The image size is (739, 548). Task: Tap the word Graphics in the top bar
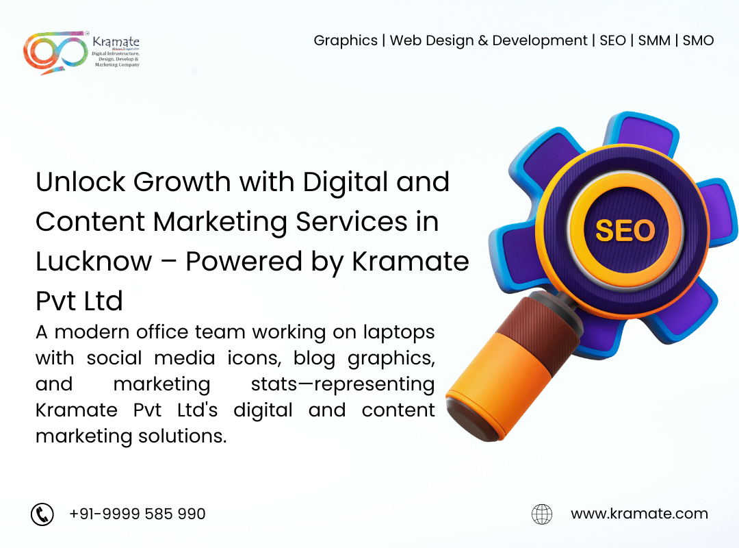point(346,41)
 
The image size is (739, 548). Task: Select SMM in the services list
point(654,40)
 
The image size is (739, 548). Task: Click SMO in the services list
point(698,40)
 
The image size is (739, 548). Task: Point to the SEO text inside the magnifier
point(625,231)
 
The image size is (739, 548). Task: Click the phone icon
point(42,514)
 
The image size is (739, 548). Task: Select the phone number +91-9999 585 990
point(137,514)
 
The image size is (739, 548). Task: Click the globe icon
point(542,514)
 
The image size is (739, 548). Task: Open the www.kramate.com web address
point(639,514)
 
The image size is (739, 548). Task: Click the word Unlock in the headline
point(81,182)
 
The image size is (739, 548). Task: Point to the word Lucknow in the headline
point(94,262)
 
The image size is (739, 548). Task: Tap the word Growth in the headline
point(182,182)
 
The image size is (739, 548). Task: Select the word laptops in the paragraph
point(399,333)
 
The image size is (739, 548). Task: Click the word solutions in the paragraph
point(183,436)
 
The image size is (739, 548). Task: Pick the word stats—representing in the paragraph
point(343,385)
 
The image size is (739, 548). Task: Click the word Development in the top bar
point(540,41)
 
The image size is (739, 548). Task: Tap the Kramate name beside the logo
point(116,42)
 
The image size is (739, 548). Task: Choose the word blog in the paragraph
point(314,359)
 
